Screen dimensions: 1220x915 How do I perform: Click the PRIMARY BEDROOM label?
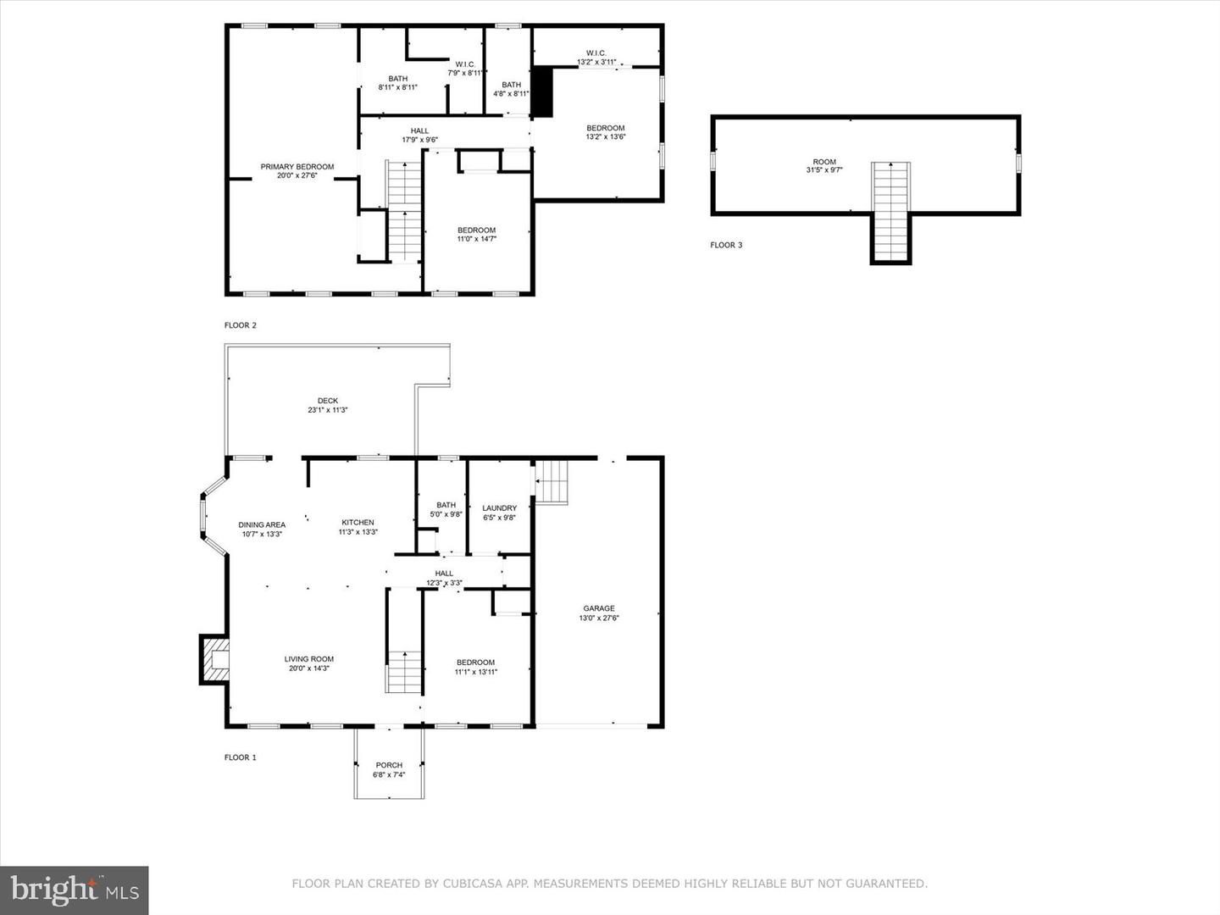point(297,167)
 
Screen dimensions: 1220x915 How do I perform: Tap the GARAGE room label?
point(599,608)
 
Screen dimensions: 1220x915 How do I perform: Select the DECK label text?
point(328,401)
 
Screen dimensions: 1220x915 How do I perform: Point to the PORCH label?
point(389,765)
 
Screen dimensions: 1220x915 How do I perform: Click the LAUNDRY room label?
point(500,507)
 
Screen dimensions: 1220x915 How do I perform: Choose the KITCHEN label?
point(358,522)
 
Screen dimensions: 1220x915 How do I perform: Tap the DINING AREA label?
point(262,524)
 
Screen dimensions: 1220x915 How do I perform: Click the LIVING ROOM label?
point(309,659)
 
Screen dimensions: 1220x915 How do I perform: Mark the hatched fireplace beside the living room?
point(214,660)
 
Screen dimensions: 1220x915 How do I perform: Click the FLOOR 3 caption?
point(726,245)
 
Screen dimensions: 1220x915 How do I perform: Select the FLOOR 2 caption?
point(240,325)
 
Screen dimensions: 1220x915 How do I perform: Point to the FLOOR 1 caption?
point(240,757)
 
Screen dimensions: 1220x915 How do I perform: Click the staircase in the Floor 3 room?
point(891,212)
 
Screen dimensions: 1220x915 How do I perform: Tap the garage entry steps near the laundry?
point(552,482)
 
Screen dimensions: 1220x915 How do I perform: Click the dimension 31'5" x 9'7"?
point(824,170)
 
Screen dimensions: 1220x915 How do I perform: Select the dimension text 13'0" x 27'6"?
point(599,618)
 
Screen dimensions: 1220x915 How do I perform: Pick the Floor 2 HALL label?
point(419,131)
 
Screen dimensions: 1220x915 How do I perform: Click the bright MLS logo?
point(74,890)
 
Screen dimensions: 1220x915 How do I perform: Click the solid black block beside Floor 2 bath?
point(542,91)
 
